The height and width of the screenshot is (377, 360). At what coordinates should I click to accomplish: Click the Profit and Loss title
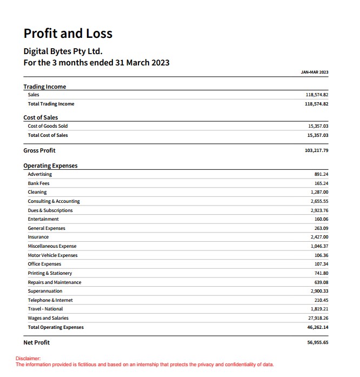coord(68,34)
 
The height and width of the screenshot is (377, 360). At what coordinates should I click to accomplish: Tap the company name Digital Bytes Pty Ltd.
coord(63,52)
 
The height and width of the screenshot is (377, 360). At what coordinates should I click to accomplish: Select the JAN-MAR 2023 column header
coord(315,72)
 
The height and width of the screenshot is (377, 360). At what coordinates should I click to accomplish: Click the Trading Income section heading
coord(45,87)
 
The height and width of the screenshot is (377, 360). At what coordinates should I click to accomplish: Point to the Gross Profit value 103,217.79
coord(317,150)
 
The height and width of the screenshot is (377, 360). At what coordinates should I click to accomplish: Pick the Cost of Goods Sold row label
coord(48,126)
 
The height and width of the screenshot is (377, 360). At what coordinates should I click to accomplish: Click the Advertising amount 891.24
coord(321,174)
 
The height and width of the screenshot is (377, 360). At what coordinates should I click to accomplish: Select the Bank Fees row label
coord(38,183)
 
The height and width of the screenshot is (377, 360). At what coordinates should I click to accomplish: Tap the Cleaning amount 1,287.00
coord(319,192)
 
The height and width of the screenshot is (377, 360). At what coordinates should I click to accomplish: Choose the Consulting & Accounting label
coord(54,201)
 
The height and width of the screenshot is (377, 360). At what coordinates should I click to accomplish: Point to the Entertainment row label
coord(43,219)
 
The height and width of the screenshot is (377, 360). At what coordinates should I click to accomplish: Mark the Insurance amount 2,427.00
coord(319,237)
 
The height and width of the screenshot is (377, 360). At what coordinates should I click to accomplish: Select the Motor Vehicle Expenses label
coord(52,255)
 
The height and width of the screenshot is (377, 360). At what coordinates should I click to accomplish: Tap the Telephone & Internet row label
coord(50,300)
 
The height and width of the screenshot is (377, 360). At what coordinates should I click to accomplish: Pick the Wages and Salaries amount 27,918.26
coord(318,318)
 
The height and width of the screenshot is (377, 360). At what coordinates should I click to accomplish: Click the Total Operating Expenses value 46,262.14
coord(318,327)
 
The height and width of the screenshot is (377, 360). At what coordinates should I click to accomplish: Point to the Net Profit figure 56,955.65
coord(317,342)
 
